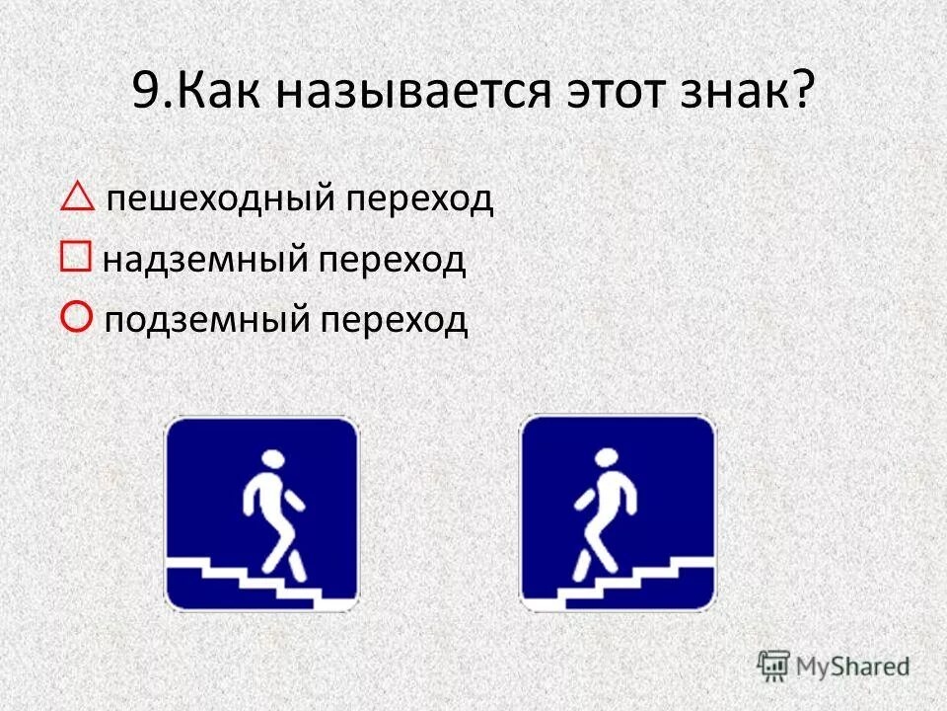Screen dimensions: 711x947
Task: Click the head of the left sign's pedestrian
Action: tap(272, 460)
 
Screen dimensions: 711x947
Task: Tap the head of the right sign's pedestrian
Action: tap(607, 459)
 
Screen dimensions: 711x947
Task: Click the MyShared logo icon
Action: tap(774, 665)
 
